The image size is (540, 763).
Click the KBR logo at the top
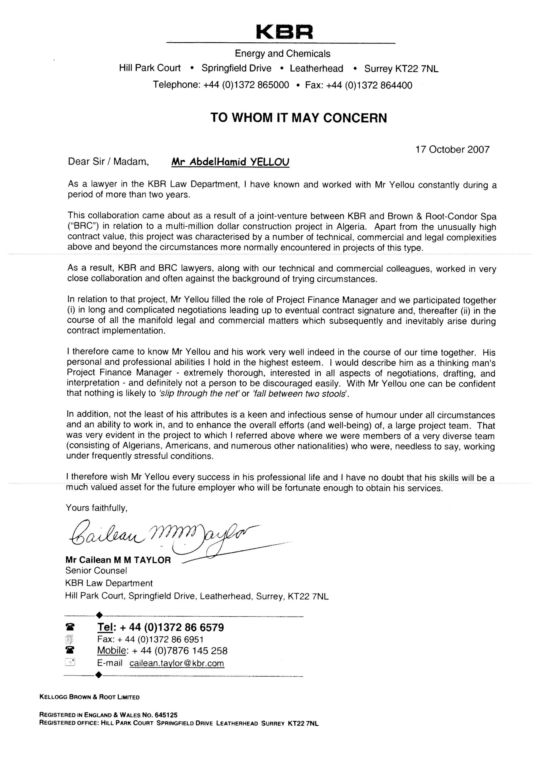tap(285, 32)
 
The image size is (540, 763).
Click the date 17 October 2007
tap(452, 150)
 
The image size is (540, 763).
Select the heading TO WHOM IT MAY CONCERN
tap(298, 118)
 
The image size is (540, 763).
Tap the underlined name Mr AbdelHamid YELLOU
tap(230, 162)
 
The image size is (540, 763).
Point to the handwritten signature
tap(163, 535)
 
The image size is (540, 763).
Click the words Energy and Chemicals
tap(282, 53)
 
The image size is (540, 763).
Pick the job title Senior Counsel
tap(96, 571)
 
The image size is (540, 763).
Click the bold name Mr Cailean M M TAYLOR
tap(118, 560)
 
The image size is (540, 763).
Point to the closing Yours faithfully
tap(97, 508)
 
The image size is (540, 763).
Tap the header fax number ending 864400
tap(359, 85)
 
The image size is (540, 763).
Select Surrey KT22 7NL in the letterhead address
tap(401, 69)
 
